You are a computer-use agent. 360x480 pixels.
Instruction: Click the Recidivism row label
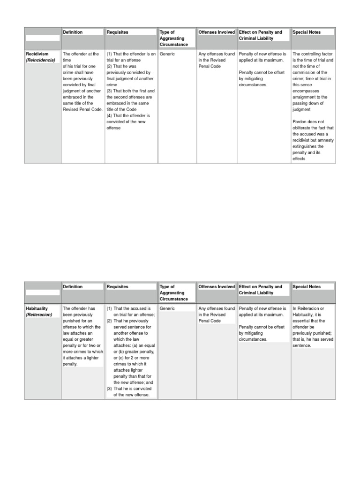click(37, 54)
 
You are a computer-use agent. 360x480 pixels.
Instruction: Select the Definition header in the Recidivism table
click(73, 32)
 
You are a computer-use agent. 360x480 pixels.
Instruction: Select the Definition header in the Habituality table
click(73, 287)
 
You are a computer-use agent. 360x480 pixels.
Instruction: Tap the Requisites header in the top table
click(117, 32)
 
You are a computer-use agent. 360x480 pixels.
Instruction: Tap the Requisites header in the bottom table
click(117, 287)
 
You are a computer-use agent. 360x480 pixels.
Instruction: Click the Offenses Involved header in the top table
click(217, 32)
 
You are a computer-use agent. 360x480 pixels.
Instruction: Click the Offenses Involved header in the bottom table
click(217, 287)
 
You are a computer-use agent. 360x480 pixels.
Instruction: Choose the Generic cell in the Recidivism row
click(167, 54)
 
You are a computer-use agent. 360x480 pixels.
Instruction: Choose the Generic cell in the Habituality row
click(167, 308)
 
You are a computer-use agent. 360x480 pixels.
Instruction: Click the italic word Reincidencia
click(40, 60)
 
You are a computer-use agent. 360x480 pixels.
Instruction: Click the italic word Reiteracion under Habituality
click(39, 315)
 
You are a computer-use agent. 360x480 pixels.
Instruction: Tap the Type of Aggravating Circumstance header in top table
click(173, 38)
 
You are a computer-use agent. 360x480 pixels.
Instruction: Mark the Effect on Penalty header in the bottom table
click(261, 290)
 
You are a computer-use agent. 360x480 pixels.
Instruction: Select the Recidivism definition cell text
click(82, 82)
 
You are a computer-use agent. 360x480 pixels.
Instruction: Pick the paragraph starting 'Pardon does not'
click(313, 140)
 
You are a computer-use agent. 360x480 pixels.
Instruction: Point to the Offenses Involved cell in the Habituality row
click(217, 315)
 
